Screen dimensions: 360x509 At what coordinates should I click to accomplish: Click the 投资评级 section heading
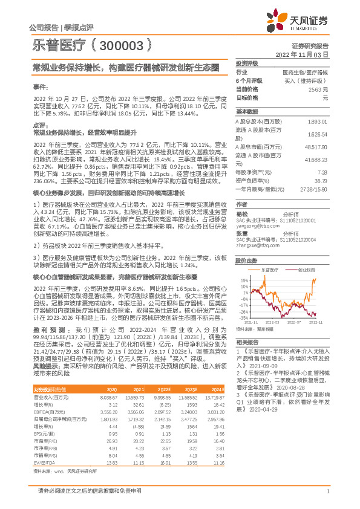click(x=247, y=63)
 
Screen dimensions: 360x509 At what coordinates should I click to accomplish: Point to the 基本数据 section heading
click(x=247, y=112)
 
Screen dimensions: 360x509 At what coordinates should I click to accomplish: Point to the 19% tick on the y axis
click(x=243, y=280)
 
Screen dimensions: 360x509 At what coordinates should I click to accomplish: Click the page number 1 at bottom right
click(x=327, y=499)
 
